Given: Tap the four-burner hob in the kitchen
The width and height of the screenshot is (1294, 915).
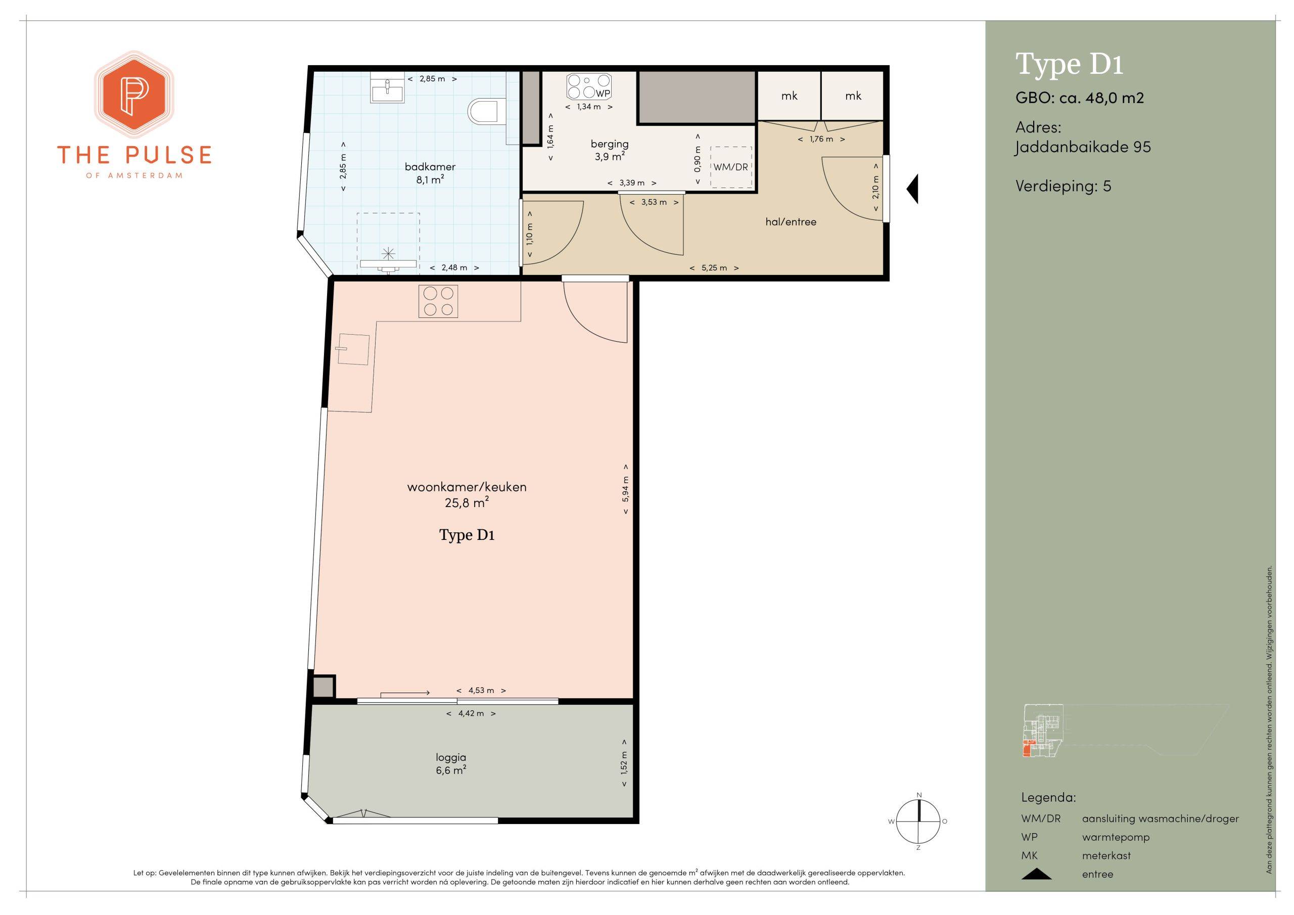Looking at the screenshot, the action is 438,301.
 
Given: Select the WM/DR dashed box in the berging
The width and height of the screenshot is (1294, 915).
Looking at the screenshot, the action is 731,167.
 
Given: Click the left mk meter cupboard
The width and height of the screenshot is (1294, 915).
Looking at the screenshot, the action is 789,96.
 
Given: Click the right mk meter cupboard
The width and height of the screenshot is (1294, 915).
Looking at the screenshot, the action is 852,96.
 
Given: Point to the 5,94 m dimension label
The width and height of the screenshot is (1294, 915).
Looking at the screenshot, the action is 626,489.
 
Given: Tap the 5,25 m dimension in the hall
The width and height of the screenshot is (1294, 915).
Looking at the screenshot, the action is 714,268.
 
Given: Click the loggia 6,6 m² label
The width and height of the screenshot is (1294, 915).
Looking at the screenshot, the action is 451,764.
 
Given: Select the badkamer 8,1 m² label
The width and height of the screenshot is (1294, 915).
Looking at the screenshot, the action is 430,173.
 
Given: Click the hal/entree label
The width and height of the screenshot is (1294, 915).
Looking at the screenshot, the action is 791,222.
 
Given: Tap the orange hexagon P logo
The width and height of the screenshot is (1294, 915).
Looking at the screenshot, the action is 133,95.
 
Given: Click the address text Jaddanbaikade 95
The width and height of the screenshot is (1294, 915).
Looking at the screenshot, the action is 1083,148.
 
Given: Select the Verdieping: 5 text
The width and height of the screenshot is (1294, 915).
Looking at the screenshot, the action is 1063,186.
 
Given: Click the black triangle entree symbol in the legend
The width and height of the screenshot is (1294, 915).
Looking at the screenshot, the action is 1036,874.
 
